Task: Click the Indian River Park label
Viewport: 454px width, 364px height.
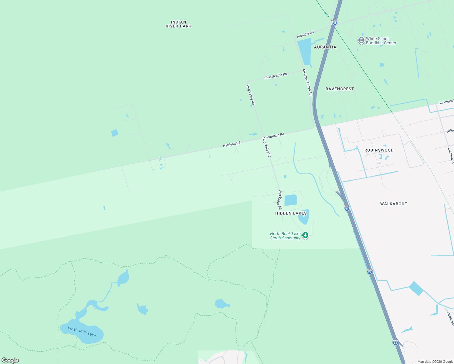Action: (178, 24)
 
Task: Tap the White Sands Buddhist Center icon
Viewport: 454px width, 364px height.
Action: (361, 40)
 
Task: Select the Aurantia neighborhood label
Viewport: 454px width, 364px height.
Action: (325, 47)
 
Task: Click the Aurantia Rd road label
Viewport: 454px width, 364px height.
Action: (305, 34)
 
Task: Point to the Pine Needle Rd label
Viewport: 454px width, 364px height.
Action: (276, 76)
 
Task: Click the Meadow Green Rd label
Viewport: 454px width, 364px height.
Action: (307, 82)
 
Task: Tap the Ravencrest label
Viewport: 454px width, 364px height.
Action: (340, 89)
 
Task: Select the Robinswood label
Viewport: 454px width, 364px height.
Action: (379, 150)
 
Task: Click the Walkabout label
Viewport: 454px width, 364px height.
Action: (394, 204)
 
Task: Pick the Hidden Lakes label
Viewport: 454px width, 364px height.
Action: (291, 213)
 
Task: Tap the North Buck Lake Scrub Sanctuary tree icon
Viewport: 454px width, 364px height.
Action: (305, 235)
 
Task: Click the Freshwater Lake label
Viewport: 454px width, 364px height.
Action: (82, 332)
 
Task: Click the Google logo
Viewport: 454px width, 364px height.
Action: (10, 360)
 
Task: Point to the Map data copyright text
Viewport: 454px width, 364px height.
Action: (435, 362)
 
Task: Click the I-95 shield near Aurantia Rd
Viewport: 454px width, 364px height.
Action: (335, 22)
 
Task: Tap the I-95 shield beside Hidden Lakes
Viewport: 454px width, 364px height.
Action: (347, 208)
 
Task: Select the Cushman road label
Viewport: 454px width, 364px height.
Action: (451, 156)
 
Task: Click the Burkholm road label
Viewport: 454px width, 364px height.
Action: (446, 102)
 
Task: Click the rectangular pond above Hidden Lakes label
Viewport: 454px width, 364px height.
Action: (291, 200)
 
